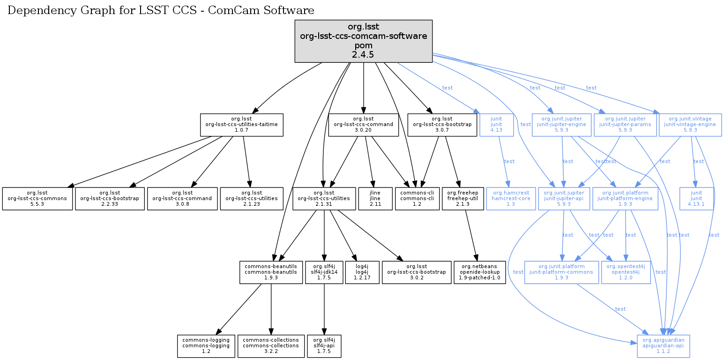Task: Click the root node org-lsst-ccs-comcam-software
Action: [363, 41]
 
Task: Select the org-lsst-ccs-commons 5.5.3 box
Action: [37, 199]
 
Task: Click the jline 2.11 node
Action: [374, 199]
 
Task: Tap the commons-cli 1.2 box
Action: [417, 199]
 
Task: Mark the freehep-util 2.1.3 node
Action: [463, 199]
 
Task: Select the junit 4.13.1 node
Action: [696, 199]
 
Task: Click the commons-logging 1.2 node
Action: [206, 346]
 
